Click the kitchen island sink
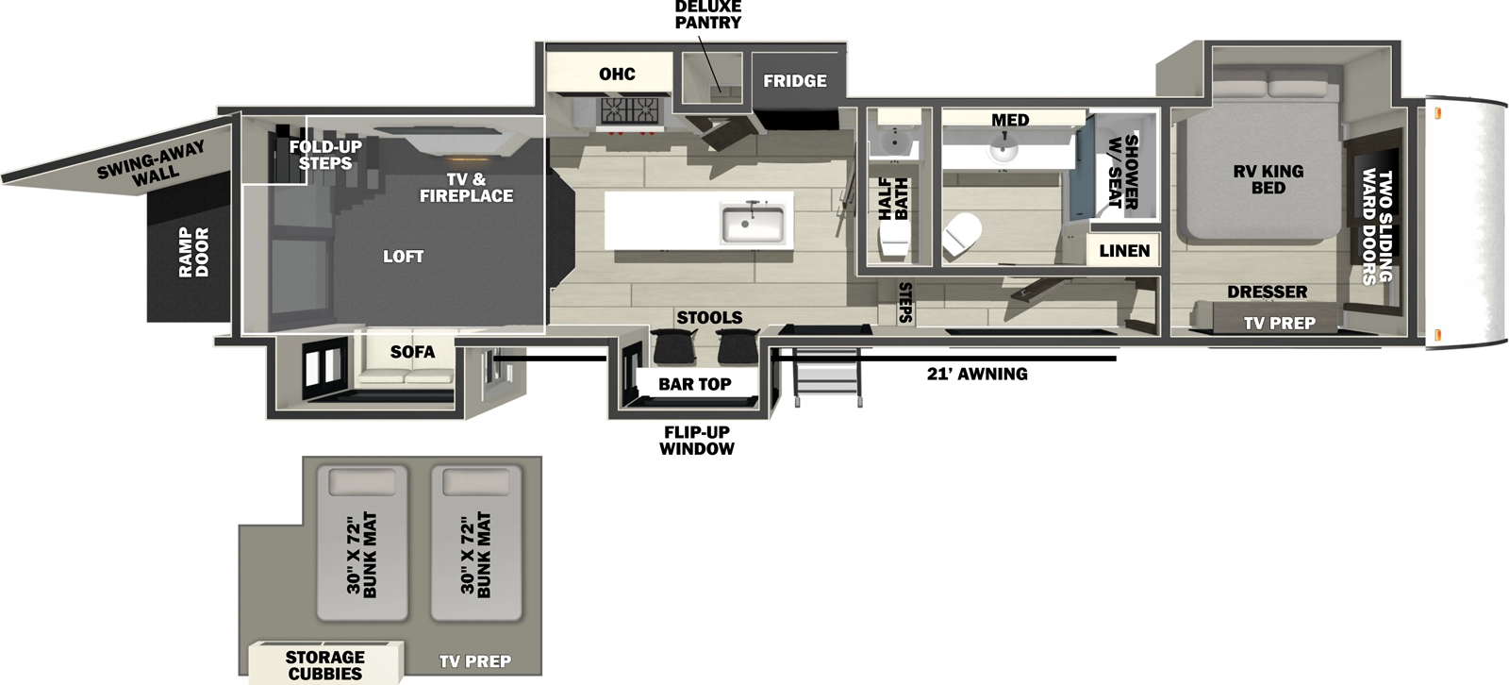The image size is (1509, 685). [x=753, y=224]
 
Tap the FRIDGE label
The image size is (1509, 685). [x=794, y=81]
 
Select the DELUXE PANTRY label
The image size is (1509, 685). [x=707, y=14]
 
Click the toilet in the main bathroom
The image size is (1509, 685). [x=962, y=234]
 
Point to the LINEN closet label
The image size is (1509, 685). [x=1124, y=251]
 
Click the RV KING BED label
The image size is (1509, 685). [x=1268, y=179]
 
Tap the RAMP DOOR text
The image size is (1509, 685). [x=193, y=252]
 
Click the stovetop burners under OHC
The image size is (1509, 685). [x=629, y=112]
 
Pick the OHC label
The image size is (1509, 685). [x=617, y=75]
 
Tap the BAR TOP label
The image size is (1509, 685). [x=694, y=384]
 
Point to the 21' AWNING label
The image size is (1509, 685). [x=977, y=375]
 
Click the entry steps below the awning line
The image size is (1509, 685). [x=827, y=376]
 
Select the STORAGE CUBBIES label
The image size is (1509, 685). [x=324, y=665]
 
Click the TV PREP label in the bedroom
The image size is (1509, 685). [x=1279, y=324]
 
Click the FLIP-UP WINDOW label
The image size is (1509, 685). [x=696, y=441]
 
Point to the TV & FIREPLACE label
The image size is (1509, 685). [x=466, y=188]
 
